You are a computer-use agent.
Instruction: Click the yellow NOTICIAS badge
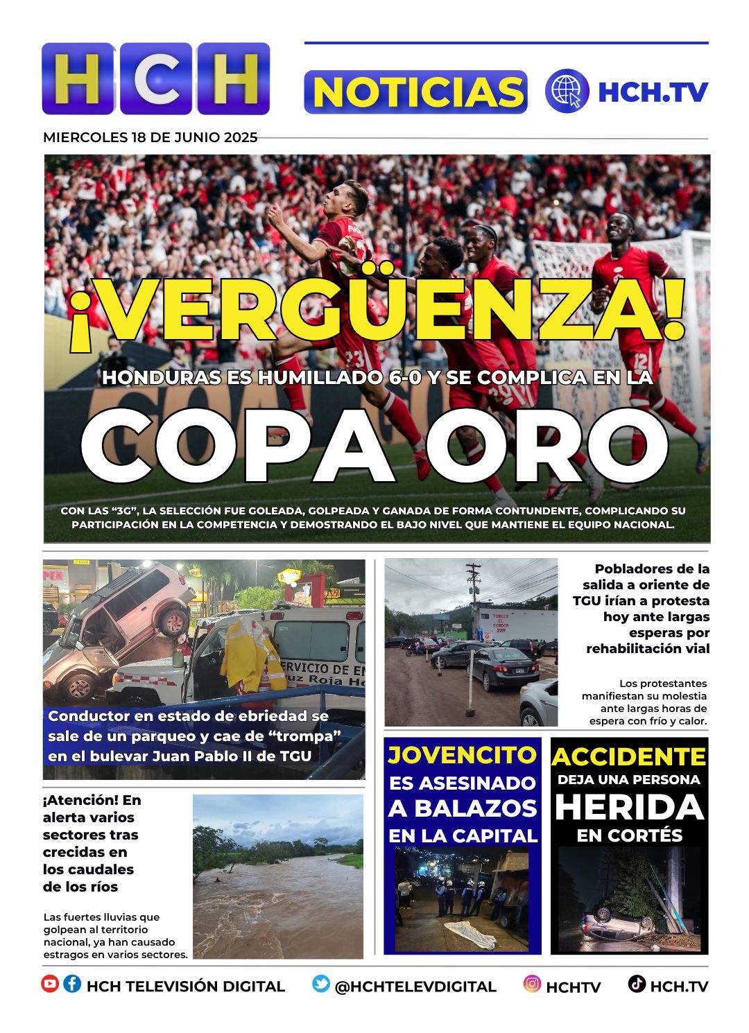(x=415, y=92)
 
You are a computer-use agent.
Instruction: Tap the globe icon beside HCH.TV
(x=567, y=91)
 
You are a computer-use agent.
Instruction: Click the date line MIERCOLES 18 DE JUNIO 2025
(x=150, y=137)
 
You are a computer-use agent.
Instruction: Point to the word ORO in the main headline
(x=547, y=446)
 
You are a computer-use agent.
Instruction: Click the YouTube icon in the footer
(x=50, y=984)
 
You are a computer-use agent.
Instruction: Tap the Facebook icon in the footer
(x=72, y=984)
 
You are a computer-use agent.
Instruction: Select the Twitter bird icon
(x=320, y=984)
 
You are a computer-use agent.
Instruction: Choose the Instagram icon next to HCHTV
(x=532, y=984)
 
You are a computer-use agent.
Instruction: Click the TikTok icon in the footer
(x=637, y=984)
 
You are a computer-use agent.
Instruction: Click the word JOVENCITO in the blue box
(x=462, y=755)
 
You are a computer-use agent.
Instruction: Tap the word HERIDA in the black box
(x=630, y=808)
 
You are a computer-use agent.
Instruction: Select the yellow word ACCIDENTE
(x=629, y=756)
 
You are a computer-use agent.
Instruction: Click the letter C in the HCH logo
(x=155, y=78)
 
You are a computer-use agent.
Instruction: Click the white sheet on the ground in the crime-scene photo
(x=471, y=933)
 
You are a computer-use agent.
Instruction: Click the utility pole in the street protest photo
(x=474, y=610)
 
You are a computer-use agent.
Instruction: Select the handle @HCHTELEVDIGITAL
(x=415, y=987)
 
